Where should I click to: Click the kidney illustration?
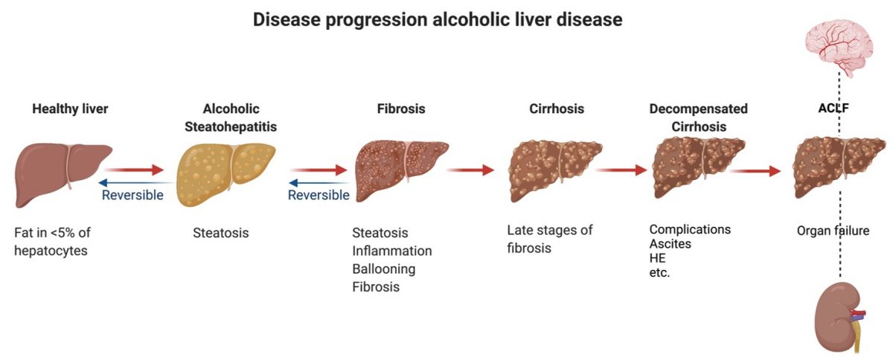tap(837, 317)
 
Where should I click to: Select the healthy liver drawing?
tap(63, 174)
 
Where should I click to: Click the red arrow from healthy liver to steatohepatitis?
tap(134, 170)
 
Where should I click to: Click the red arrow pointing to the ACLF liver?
tap(755, 171)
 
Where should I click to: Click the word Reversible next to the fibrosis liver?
tap(319, 196)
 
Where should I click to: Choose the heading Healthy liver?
tap(70, 109)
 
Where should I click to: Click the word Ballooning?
tap(383, 269)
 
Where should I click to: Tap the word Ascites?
tap(670, 243)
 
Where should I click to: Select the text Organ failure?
tap(833, 231)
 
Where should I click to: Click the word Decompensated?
tap(698, 109)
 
